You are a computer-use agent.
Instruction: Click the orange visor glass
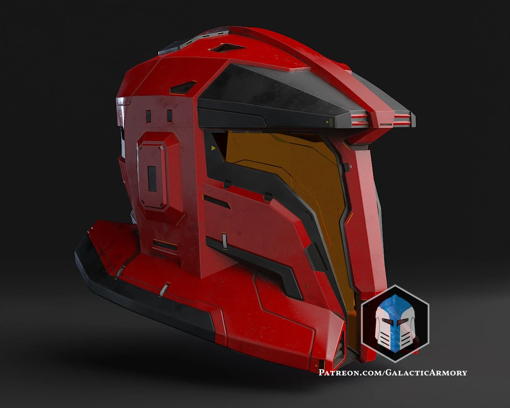tap(287, 178)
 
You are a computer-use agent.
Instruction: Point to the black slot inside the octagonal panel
tap(152, 178)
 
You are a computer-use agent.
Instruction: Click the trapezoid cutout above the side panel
tap(183, 88)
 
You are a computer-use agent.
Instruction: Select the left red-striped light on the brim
tap(359, 120)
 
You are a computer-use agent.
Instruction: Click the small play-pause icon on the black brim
tap(329, 122)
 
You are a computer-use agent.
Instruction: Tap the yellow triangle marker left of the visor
tap(214, 148)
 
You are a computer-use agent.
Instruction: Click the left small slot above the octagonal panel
tap(148, 116)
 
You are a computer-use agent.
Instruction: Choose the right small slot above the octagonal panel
tap(170, 116)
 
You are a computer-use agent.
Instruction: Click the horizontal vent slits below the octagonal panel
tap(165, 246)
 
